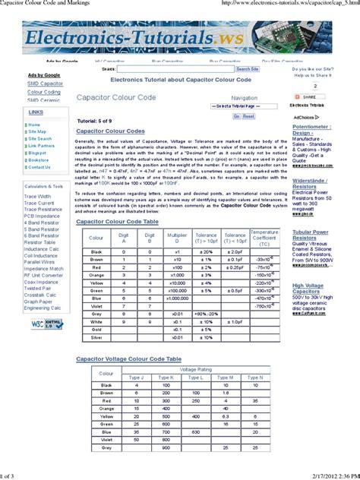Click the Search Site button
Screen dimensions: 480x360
pos(247,68)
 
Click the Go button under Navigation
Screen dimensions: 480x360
pos(236,116)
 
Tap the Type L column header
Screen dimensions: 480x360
pos(195,377)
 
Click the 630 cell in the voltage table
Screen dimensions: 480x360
pos(195,431)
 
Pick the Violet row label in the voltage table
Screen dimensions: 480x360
pos(106,439)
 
